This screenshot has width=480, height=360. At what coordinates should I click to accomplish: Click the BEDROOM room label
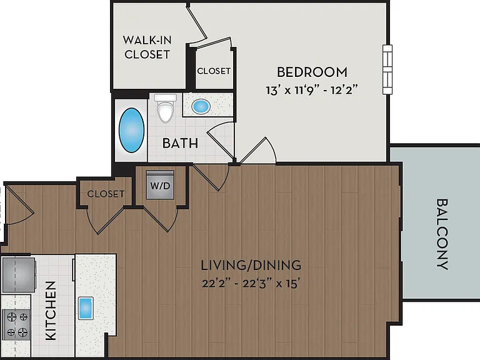tap(312, 72)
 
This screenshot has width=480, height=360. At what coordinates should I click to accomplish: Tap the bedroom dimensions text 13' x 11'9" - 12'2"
tap(312, 90)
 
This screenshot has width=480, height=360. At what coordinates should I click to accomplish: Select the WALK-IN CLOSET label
tap(147, 47)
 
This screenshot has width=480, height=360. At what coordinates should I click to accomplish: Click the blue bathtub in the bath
tap(132, 130)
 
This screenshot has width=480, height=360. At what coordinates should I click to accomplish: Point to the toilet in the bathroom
tap(165, 108)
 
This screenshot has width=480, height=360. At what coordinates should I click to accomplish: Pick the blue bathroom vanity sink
tap(201, 106)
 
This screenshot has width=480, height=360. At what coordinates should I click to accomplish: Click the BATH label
tap(180, 143)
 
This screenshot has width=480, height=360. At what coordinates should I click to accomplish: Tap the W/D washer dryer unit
tap(160, 185)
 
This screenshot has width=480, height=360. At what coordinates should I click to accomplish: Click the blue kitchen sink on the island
tap(86, 308)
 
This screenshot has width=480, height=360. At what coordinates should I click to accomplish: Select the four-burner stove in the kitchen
tap(16, 325)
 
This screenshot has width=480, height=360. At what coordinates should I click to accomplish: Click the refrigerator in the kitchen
tap(19, 275)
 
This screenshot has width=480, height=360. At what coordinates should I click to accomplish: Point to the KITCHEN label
tap(51, 311)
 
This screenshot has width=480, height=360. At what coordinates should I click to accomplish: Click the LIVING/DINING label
tap(251, 265)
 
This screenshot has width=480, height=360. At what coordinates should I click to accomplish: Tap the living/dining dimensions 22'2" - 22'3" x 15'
tap(251, 284)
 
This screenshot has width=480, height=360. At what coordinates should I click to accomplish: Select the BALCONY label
tap(442, 234)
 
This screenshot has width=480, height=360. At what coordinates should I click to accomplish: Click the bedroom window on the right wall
tap(387, 69)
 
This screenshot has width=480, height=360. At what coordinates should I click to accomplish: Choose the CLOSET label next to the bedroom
tap(214, 71)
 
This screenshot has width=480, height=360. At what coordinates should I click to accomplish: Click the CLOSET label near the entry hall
tap(106, 194)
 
